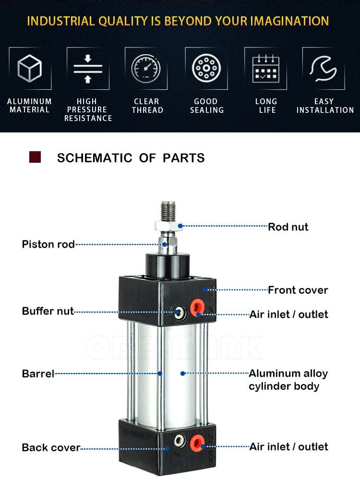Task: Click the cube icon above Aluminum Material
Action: (x=30, y=68)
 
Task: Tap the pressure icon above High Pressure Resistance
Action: (x=88, y=68)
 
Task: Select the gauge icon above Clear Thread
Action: (x=146, y=68)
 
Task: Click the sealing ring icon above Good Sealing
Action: (x=206, y=68)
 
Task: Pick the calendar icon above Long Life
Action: (x=265, y=68)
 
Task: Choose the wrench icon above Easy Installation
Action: (x=324, y=68)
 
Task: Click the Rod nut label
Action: (x=288, y=227)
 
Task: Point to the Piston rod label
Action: (x=48, y=244)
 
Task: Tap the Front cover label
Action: (x=298, y=290)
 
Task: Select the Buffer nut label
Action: (x=48, y=311)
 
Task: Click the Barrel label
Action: (x=38, y=374)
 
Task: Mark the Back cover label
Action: (x=51, y=448)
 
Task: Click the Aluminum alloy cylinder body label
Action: (x=288, y=380)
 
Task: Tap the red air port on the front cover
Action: (x=196, y=307)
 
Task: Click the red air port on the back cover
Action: (x=197, y=441)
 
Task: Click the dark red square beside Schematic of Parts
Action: (x=35, y=157)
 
